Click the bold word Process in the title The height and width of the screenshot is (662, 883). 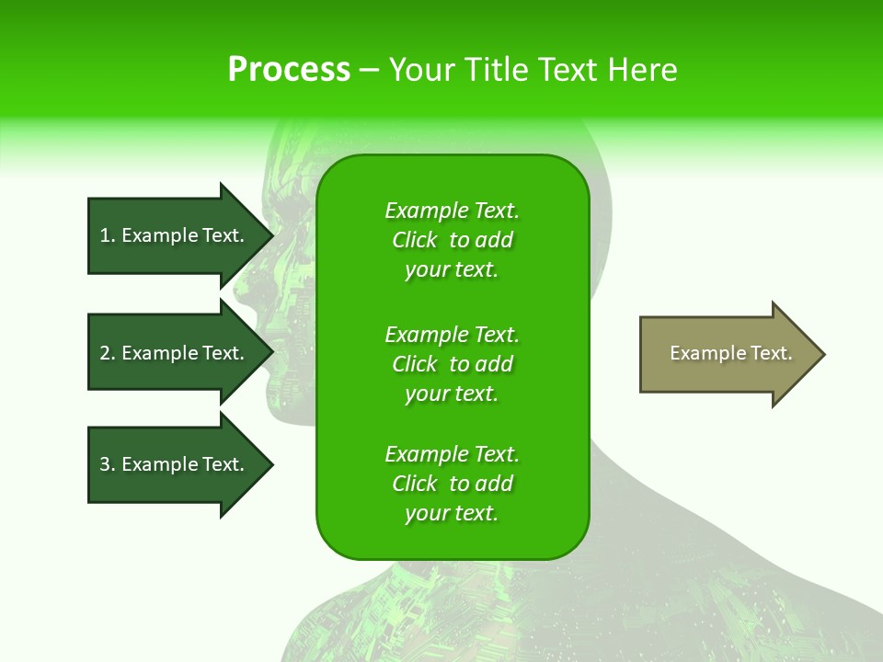tap(289, 70)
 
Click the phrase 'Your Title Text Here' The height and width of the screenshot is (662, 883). tap(533, 70)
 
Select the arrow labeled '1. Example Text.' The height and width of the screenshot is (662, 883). tap(175, 235)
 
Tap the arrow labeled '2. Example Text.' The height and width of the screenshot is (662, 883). tap(175, 353)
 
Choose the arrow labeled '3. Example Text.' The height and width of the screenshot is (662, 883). tap(175, 464)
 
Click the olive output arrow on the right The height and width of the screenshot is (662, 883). tap(727, 354)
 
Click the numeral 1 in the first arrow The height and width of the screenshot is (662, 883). tap(105, 235)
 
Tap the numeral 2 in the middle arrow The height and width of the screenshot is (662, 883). tap(105, 353)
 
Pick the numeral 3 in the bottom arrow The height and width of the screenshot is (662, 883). tap(105, 464)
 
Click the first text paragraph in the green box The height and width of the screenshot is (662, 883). tap(452, 240)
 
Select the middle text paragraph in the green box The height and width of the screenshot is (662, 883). tap(452, 364)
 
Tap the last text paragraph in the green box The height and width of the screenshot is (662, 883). tap(452, 484)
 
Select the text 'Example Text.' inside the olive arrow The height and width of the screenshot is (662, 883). tap(730, 353)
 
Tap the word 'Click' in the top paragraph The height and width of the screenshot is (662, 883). tap(415, 240)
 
